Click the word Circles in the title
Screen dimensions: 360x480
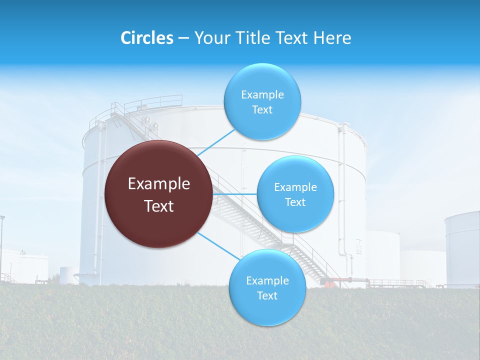tap(146, 38)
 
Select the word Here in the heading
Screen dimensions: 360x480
tap(332, 38)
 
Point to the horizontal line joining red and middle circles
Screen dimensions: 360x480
tap(234, 194)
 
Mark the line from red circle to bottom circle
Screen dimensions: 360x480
tap(218, 245)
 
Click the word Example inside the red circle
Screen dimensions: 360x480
tap(159, 184)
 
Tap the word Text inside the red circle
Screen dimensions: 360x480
tap(159, 206)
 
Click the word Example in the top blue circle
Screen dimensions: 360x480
tap(262, 95)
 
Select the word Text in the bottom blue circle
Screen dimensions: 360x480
tap(267, 295)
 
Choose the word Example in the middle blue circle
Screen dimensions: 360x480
tap(295, 187)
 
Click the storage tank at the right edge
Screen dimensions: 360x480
tap(463, 250)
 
